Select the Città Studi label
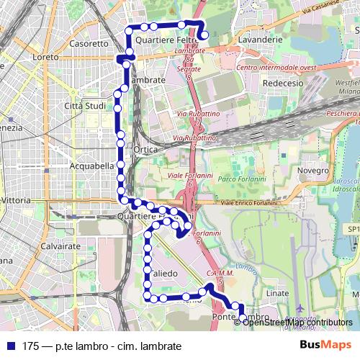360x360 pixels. point(86,107)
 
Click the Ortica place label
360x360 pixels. point(146,150)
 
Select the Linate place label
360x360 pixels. point(277,293)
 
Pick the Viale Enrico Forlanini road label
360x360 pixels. point(250,204)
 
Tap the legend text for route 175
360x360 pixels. point(101,346)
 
